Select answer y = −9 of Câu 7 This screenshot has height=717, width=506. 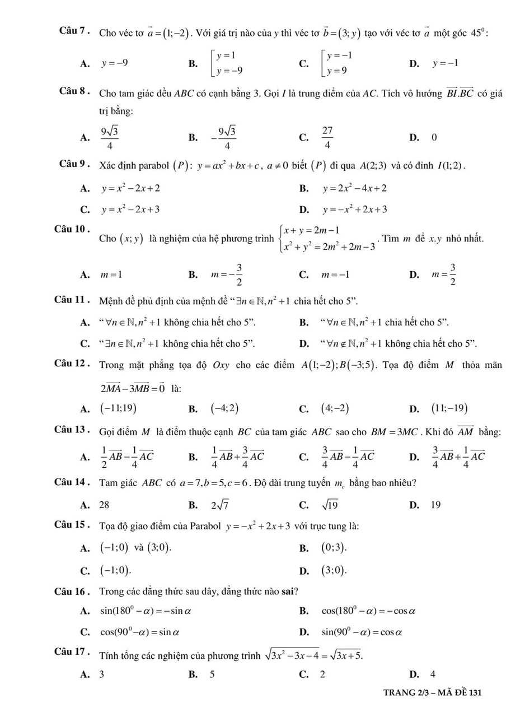click(114, 63)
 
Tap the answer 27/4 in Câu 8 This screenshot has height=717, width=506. click(327, 137)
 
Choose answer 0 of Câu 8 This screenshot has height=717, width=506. click(434, 137)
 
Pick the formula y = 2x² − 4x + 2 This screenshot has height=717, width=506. click(354, 188)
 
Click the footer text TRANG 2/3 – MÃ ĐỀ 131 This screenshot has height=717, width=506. click(432, 692)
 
